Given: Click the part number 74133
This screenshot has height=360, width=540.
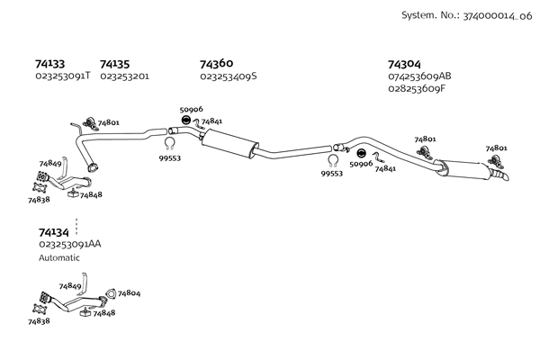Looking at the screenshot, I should pos(49,64).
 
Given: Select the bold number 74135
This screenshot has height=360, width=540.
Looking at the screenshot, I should pos(114,64).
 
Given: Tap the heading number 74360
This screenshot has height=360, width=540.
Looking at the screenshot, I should pos(216,64).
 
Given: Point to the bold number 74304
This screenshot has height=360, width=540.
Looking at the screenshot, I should pos(403,64).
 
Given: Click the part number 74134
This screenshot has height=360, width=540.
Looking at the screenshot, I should pos(53,232).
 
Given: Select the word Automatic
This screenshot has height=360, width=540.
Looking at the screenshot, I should pos(59,258).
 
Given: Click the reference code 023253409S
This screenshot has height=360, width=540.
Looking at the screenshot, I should pos(228,76).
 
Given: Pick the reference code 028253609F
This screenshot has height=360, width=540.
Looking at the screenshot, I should pos(416,88).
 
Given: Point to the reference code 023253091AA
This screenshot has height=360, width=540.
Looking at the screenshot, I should pos(69,245).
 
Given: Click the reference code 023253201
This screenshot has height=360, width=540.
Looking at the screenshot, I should pos(124,76).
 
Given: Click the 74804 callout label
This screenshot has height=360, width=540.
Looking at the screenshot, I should pos(129,293).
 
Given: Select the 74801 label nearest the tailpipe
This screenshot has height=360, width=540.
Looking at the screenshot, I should pos(496,148).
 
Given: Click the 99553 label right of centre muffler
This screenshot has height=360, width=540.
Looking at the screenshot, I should pos(332,174).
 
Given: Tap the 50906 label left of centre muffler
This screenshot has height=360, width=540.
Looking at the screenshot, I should pos(191,110).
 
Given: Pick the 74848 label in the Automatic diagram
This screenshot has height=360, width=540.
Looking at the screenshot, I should pos(103,313).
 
